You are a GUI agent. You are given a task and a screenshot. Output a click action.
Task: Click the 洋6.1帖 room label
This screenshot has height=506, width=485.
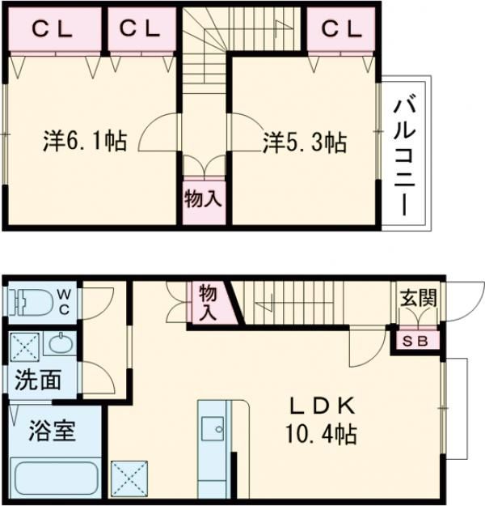pos(84,142)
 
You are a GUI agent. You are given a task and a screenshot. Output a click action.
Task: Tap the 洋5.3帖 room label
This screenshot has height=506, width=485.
pos(305,143)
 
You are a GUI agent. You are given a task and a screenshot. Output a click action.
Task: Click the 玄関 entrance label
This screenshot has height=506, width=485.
pos(418,297)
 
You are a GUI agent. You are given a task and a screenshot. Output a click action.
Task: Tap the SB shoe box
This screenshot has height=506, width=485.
pos(417,340)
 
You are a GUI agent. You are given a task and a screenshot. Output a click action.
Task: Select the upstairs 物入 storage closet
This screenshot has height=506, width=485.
pos(203,198)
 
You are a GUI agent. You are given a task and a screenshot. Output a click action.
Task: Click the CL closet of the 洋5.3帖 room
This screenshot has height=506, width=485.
pos(339,29)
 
